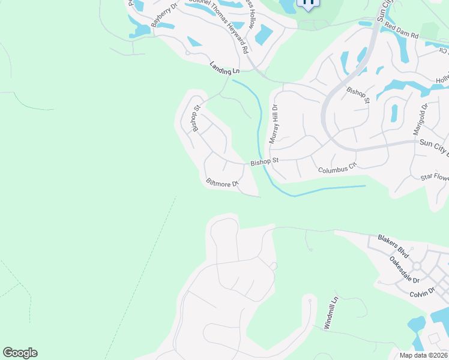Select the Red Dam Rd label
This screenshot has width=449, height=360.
coord(401,31)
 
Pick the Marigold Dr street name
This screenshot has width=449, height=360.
coord(424,118)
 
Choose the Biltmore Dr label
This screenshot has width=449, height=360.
coord(222,182)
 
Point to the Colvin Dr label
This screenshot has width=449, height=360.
coord(422,293)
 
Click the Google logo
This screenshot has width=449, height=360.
coord(20,353)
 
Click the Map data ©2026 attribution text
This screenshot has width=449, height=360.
coord(423,355)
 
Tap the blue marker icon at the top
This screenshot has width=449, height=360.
coord(309,4)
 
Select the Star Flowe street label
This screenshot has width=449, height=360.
coord(435,177)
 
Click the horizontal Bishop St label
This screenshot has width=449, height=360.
coord(265,161)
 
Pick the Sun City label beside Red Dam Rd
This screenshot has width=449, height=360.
coord(384,11)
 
